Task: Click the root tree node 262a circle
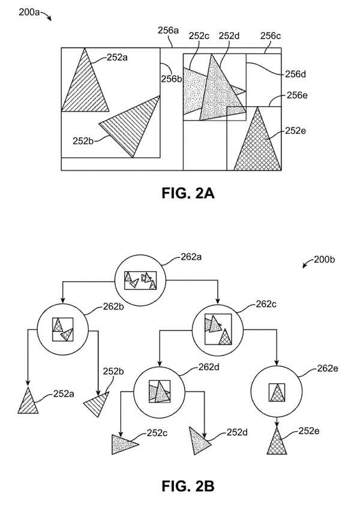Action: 140,280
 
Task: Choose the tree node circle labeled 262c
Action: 216,328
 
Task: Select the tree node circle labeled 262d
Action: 159,392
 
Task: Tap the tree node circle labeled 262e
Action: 276,392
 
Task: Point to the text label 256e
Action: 297,95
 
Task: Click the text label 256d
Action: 295,74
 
